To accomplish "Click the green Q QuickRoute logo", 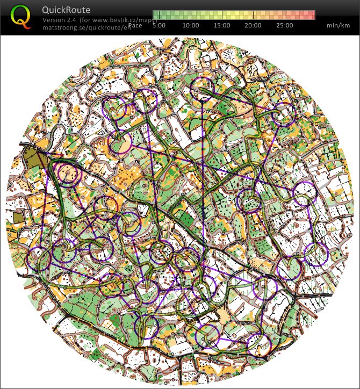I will tap(21, 17).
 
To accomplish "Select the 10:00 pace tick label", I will tap(191, 25).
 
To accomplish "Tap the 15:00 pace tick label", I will tap(222, 25).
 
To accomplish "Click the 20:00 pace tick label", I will tap(253, 25).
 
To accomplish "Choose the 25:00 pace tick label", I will tap(284, 25).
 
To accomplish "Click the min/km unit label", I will tap(338, 25).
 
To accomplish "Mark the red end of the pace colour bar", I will tap(311, 15).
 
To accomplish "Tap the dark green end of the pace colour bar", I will tap(156, 15).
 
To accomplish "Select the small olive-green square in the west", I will tap(19, 217).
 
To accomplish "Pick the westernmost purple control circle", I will tap(38, 261).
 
